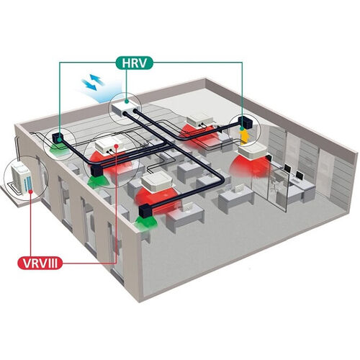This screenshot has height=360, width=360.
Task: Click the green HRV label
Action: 134,63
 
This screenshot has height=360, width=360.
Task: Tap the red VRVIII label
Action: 40,263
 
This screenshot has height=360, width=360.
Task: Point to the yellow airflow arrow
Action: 244,137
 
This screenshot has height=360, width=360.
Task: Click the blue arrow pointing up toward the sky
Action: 97,79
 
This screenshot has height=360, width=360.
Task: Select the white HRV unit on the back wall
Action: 125,107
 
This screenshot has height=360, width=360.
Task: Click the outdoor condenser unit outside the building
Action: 22,176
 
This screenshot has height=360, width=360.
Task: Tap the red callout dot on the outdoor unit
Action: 31,192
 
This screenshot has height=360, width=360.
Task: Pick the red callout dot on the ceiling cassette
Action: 117,145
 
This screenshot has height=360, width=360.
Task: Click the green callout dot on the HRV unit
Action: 127,102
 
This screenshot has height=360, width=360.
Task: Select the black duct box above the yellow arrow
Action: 246,123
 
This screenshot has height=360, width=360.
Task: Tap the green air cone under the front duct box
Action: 146,222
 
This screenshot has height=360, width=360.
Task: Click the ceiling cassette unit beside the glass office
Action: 252,151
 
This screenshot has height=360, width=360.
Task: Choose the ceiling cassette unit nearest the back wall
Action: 200,121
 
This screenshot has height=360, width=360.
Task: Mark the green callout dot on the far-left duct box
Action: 60,138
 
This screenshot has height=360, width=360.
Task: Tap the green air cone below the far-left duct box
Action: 58,150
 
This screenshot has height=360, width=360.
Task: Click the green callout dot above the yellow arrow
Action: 242,129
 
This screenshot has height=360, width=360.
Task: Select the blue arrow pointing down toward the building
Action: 89,85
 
